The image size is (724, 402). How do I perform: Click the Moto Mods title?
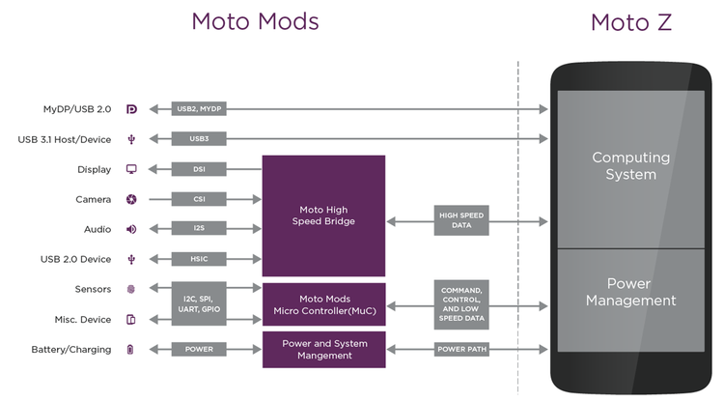point(255,22)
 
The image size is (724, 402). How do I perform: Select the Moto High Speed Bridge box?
point(323,215)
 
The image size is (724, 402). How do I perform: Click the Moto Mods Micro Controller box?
point(323,303)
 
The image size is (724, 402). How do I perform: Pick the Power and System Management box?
point(323,349)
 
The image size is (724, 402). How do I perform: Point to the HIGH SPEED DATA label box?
point(461,221)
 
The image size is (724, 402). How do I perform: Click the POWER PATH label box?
point(461,349)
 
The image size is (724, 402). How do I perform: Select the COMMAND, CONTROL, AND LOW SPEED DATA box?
point(461,304)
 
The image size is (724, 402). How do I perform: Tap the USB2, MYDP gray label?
point(199,109)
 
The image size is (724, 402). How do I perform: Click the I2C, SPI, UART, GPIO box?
point(199,303)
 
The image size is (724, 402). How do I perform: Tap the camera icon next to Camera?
point(131,199)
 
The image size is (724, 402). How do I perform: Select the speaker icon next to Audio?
point(131,229)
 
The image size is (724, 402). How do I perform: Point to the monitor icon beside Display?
point(131,169)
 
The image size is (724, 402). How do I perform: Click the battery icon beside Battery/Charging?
point(131,349)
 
